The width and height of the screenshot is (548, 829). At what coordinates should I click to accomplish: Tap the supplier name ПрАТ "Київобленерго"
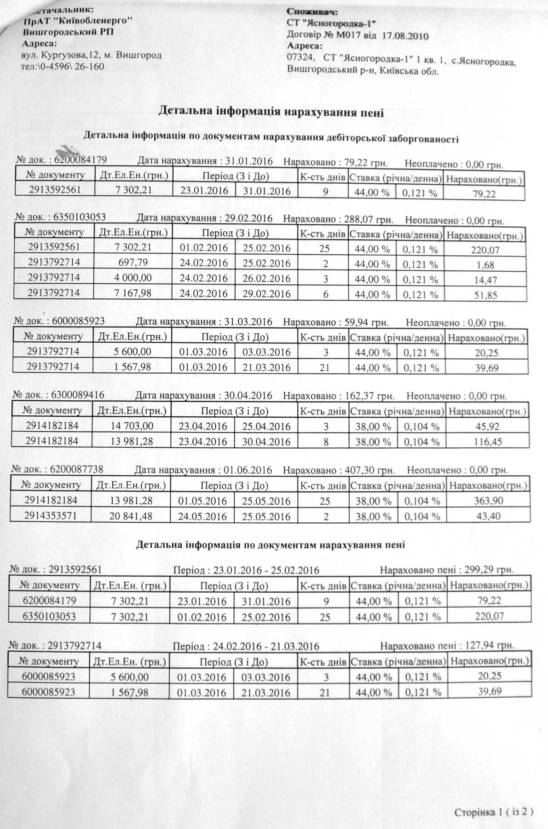coord(78,21)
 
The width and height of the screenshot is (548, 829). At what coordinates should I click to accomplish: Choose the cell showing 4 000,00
coord(134,278)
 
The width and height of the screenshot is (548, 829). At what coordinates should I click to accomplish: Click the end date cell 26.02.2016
coord(266,279)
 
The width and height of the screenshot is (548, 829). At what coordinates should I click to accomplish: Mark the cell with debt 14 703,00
coord(132,426)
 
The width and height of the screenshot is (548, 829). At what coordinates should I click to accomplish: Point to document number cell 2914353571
coord(51,516)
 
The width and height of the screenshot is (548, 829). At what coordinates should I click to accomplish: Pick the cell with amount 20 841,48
coord(132,516)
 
